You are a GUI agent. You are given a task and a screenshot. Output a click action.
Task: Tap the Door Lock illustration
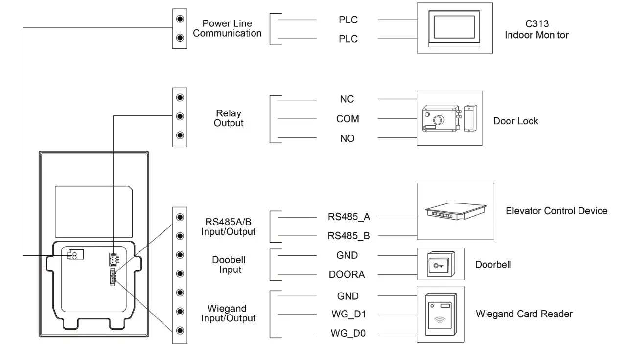(449, 118)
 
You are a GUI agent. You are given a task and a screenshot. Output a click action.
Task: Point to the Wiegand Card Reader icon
(440, 314)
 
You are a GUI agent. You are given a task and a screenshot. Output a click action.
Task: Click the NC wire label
(347, 99)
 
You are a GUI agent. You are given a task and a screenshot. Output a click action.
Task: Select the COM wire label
(347, 119)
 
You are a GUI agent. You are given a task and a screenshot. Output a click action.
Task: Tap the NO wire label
(347, 139)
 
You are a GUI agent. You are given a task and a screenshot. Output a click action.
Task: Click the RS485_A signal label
(348, 216)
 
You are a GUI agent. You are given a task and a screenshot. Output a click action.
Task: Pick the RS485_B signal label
(348, 236)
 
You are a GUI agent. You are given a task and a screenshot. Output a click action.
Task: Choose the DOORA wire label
(347, 274)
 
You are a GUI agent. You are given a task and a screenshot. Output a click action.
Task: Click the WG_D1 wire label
(348, 314)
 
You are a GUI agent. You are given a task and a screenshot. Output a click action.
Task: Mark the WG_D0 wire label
(348, 334)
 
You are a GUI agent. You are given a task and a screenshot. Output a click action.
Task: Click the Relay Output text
(229, 118)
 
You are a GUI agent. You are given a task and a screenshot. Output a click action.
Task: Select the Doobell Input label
(229, 265)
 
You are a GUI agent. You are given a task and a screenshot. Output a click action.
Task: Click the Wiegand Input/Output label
(228, 314)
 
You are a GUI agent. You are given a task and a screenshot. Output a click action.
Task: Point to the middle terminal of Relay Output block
(180, 116)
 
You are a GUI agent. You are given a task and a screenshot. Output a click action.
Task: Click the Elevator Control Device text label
(556, 211)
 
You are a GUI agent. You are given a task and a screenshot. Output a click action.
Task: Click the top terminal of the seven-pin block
(180, 217)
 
